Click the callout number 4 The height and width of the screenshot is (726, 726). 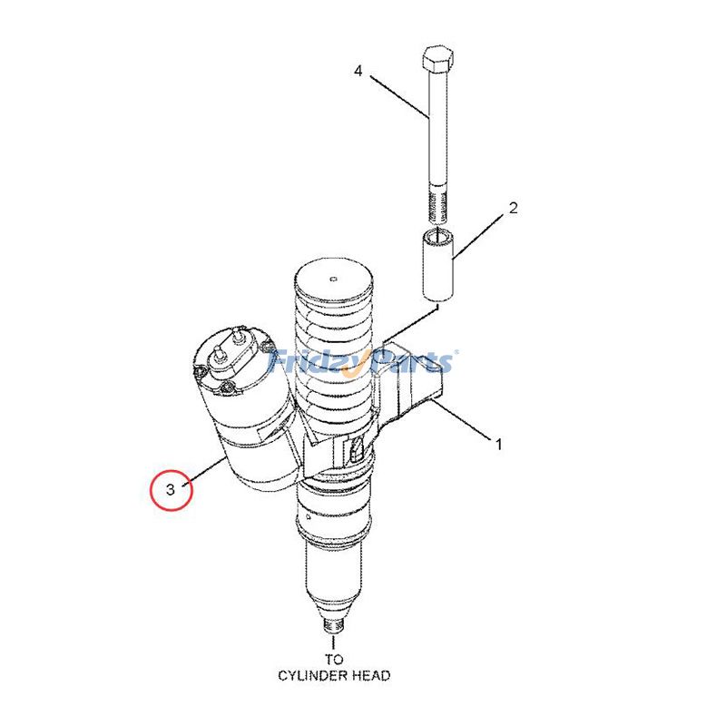point(358,71)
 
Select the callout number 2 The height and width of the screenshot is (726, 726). point(513,209)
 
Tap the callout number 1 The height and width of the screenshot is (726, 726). point(497,444)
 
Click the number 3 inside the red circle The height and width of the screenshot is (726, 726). point(172,491)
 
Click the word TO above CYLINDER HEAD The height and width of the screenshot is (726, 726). point(334,660)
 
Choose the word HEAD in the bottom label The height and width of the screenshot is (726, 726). point(371,675)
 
